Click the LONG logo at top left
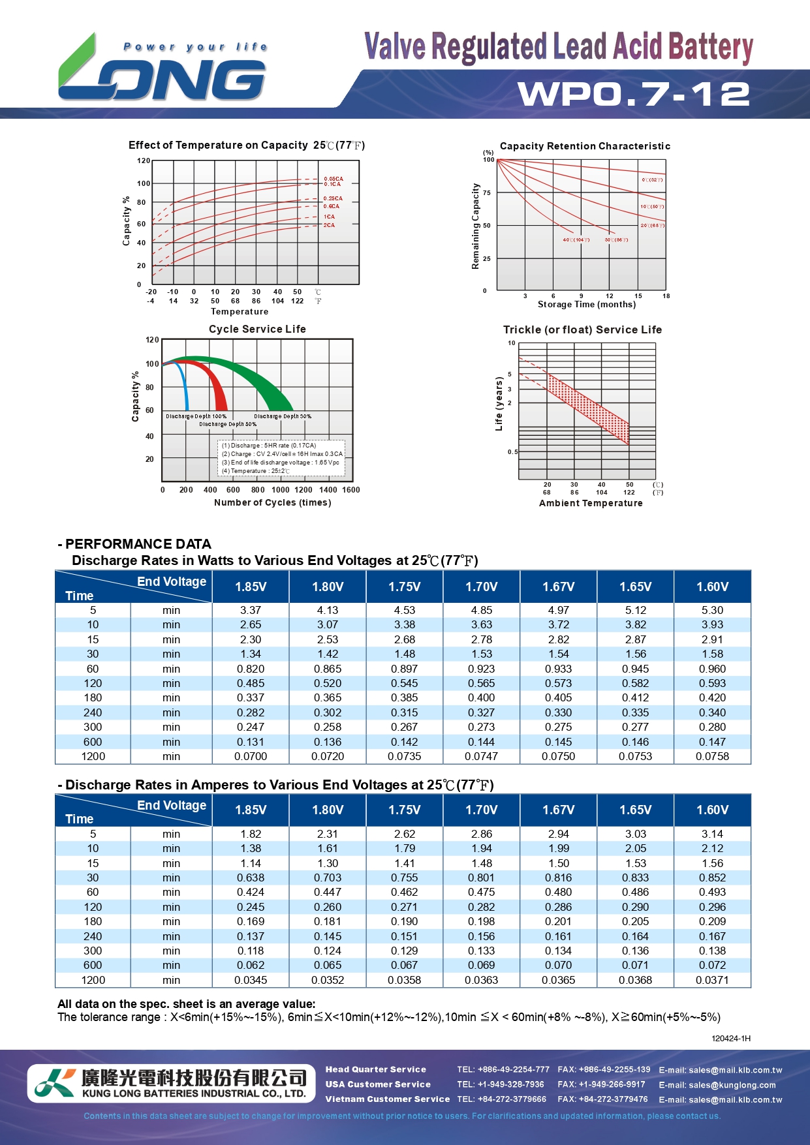click(162, 72)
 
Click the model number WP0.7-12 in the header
click(634, 94)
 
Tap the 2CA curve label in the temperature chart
click(329, 225)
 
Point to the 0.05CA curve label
click(333, 179)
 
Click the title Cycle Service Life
click(257, 329)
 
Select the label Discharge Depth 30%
click(283, 416)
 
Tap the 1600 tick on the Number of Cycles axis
click(351, 490)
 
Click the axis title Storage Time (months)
click(586, 305)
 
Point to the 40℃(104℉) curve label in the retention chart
click(576, 239)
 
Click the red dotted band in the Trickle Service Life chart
click(587, 405)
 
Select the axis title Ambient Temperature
click(591, 503)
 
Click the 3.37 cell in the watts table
click(251, 610)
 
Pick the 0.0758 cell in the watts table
click(712, 756)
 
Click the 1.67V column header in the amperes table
click(559, 810)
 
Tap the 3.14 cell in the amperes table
click(712, 834)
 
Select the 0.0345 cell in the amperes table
click(251, 980)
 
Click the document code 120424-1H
click(731, 1038)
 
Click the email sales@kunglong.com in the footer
click(717, 1085)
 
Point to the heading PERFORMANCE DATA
click(138, 544)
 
